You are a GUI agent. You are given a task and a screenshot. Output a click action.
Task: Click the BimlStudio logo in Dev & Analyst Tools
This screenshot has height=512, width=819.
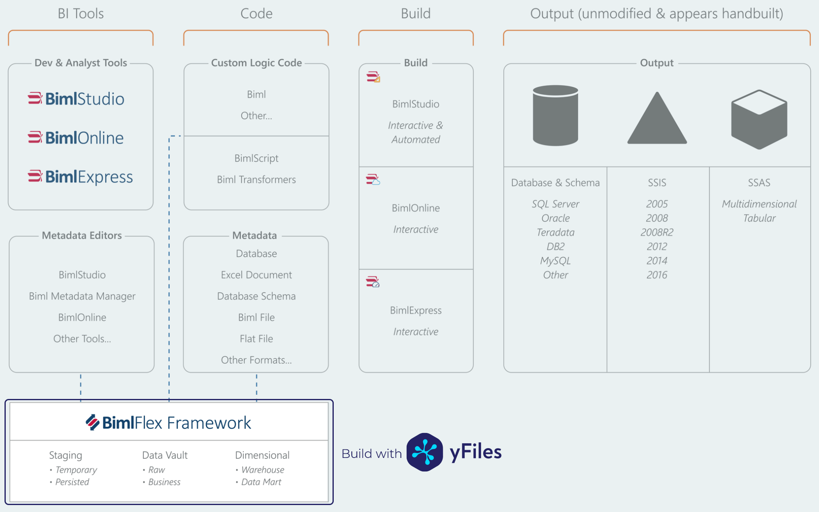click(x=76, y=99)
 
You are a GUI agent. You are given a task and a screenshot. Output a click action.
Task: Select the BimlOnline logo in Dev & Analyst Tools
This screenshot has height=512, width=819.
click(x=76, y=138)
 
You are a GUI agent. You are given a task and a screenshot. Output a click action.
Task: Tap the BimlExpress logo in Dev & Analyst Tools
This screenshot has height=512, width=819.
click(x=80, y=177)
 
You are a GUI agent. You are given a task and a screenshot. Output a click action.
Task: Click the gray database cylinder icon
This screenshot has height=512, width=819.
click(x=555, y=116)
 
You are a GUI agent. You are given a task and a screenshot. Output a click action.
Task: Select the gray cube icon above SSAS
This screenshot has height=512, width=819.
click(x=759, y=120)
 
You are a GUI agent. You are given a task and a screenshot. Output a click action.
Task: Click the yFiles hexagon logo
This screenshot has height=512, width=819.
click(x=425, y=452)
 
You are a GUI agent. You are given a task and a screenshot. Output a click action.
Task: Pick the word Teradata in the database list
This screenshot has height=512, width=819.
click(x=555, y=232)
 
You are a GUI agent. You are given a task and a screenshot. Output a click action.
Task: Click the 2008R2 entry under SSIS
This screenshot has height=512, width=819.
click(x=657, y=232)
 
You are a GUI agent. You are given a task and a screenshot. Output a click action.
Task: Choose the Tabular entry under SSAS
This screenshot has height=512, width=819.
click(x=759, y=218)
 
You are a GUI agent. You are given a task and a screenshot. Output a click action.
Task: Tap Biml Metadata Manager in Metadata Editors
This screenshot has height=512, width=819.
click(x=82, y=296)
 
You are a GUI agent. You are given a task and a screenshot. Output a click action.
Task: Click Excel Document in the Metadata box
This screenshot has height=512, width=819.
click(x=256, y=275)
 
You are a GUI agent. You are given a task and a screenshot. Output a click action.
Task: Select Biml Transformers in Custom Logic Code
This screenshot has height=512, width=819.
click(x=256, y=179)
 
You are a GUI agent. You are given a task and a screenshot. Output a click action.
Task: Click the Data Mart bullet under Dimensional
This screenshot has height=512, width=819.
click(x=261, y=482)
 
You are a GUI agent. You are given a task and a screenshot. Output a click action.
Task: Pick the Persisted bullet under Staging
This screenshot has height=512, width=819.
click(x=72, y=482)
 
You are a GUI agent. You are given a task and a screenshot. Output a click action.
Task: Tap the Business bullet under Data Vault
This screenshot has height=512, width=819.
click(x=164, y=482)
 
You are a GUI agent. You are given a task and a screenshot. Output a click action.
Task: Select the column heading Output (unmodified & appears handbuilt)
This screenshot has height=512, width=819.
click(x=656, y=14)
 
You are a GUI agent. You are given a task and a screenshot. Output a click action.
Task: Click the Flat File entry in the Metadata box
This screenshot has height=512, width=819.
click(x=256, y=339)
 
